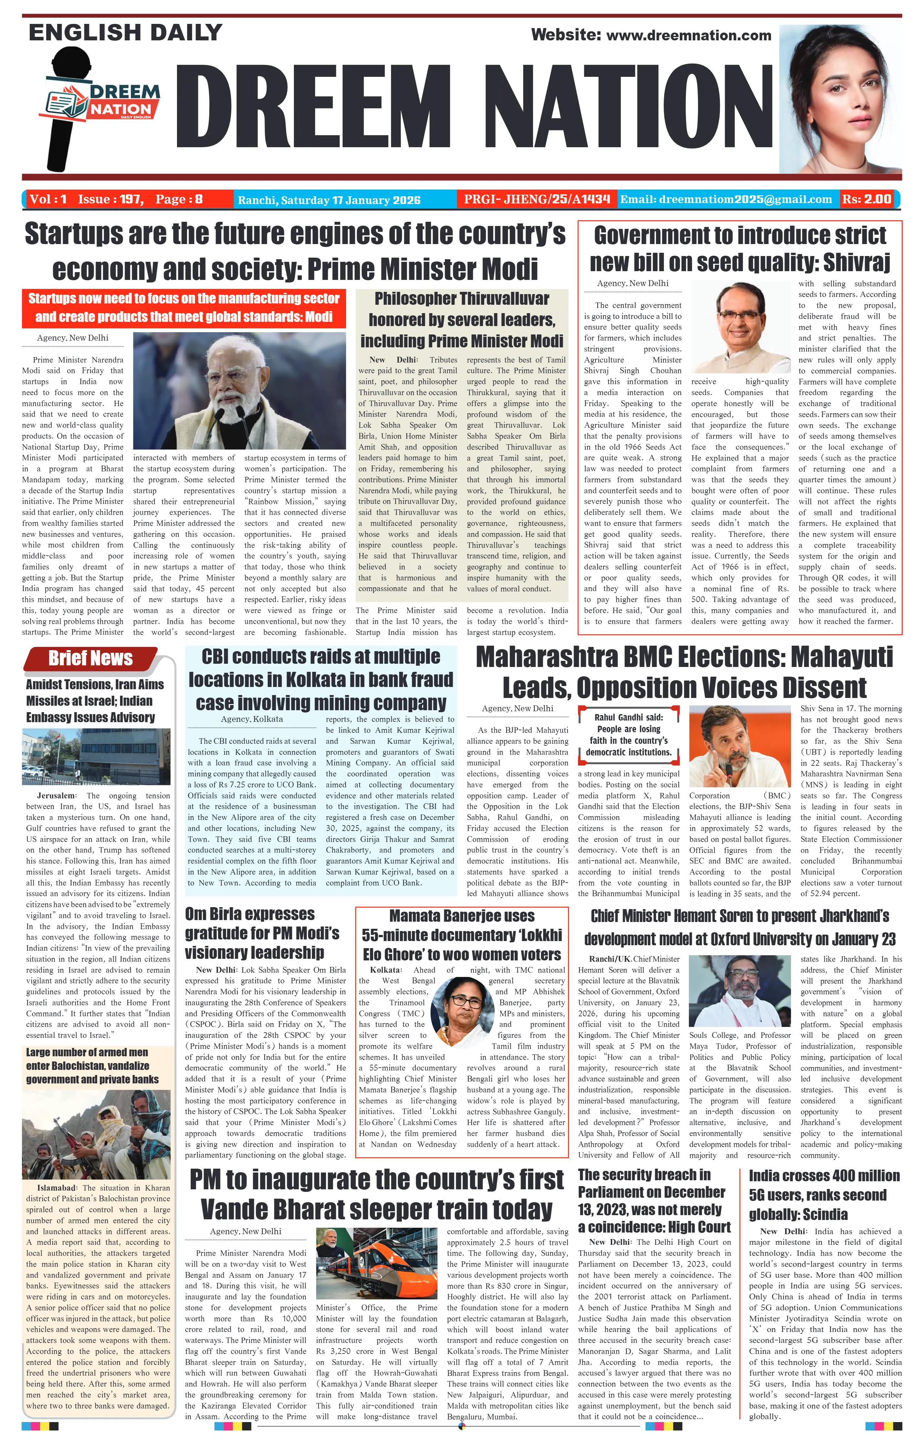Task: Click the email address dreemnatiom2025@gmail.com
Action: click(x=726, y=199)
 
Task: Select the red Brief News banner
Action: click(x=91, y=658)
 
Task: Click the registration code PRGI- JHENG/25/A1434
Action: click(x=537, y=199)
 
